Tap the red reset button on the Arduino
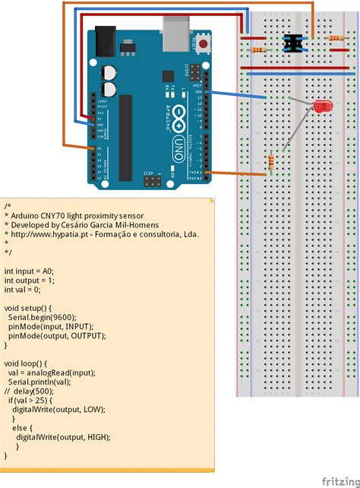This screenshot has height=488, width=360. coord(204,45)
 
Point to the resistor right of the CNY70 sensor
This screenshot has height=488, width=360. coord(332,37)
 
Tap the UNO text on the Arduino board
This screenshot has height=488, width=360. coord(180,144)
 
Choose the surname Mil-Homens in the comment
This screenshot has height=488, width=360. coord(140,225)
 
